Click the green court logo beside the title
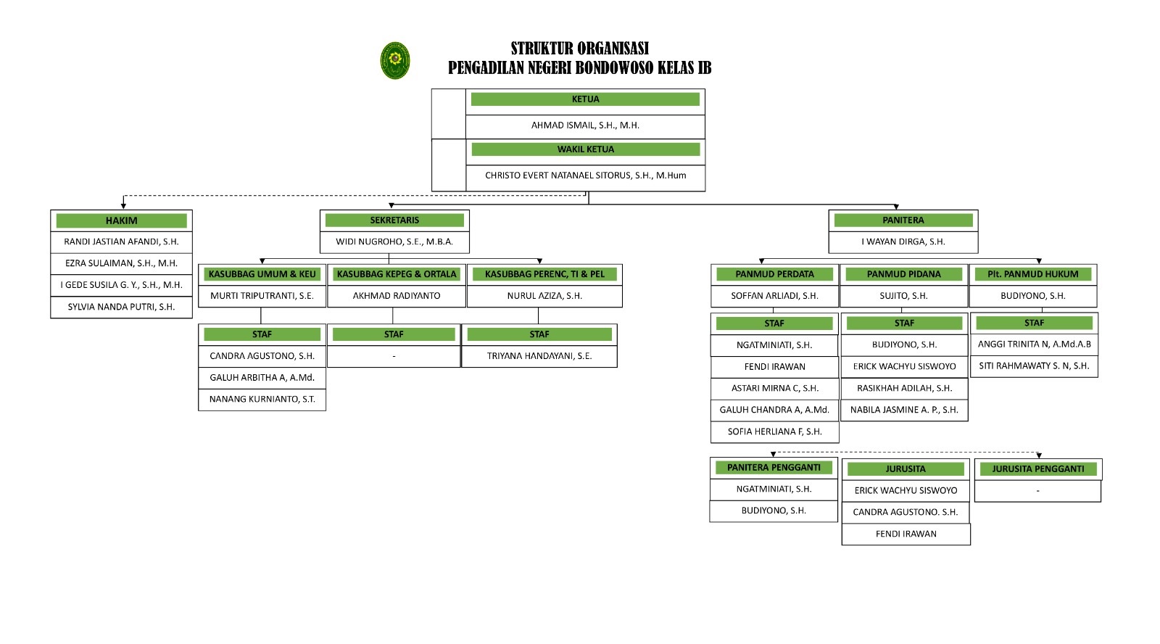click(395, 60)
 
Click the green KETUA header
click(585, 99)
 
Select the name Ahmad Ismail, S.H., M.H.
click(585, 125)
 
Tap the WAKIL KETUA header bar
click(585, 149)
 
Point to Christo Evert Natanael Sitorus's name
click(585, 176)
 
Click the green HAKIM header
click(121, 220)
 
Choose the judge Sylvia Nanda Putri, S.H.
click(121, 307)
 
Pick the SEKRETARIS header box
click(394, 220)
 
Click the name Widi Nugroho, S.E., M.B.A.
click(394, 241)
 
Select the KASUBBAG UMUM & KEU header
click(262, 274)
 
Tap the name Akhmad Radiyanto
click(397, 296)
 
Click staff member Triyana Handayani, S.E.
click(539, 356)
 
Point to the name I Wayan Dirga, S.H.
click(903, 241)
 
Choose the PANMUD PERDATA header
click(774, 274)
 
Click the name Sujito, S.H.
click(903, 296)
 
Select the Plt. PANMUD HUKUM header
click(1033, 274)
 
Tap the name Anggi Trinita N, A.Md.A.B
click(1034, 344)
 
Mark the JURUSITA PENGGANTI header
click(1038, 469)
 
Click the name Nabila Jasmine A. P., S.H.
click(904, 410)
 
